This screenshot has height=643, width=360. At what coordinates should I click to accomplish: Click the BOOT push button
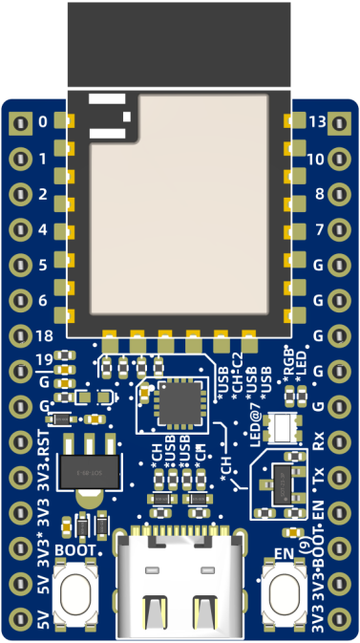click(x=77, y=593)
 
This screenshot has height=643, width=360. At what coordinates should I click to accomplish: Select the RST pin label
click(x=42, y=443)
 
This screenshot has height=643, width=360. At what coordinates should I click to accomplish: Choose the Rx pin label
click(x=319, y=441)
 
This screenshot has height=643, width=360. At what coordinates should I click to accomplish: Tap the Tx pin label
click(x=319, y=476)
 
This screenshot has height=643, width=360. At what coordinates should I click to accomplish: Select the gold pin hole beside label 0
click(x=19, y=122)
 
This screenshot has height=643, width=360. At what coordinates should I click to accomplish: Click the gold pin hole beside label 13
click(x=341, y=122)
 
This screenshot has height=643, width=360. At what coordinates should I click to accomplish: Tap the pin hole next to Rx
click(x=341, y=441)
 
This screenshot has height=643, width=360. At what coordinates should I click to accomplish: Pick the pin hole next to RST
click(x=19, y=443)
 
